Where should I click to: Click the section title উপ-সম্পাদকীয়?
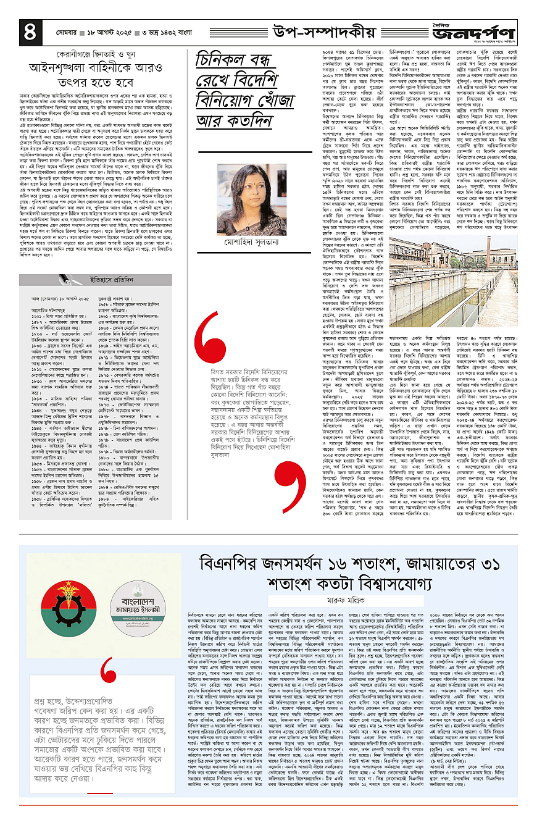[x=324, y=29]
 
